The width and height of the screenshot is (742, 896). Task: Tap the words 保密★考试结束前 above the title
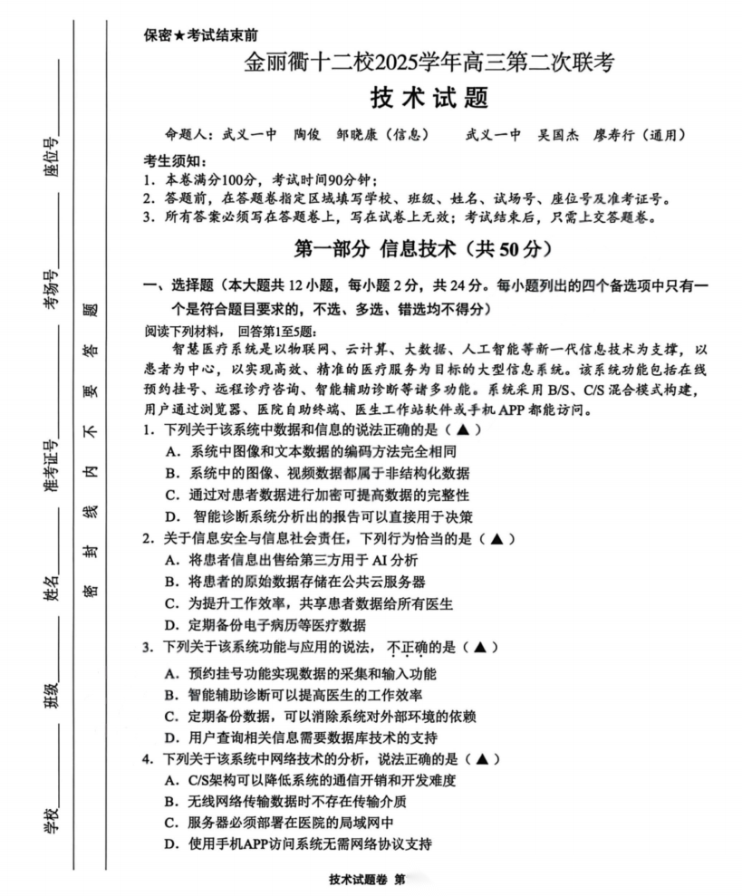(201, 36)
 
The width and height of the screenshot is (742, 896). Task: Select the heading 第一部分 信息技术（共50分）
(425, 247)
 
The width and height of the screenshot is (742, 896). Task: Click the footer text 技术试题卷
(359, 882)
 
